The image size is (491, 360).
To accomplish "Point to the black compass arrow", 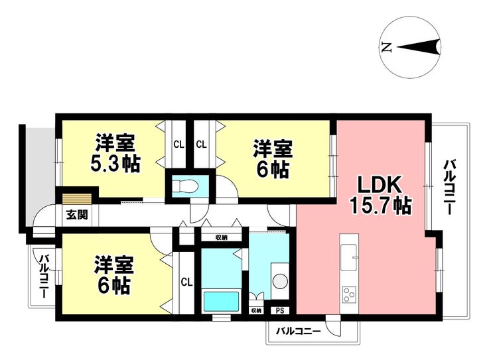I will click(419, 47).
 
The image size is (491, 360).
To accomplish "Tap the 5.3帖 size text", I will click(116, 163).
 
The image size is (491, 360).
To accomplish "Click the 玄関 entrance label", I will click(74, 215).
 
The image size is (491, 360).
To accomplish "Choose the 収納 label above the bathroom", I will click(221, 237).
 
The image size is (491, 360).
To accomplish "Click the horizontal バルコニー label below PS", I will click(298, 330).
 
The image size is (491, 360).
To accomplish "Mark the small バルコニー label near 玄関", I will click(43, 275).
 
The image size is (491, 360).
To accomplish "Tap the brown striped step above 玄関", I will click(76, 197).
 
